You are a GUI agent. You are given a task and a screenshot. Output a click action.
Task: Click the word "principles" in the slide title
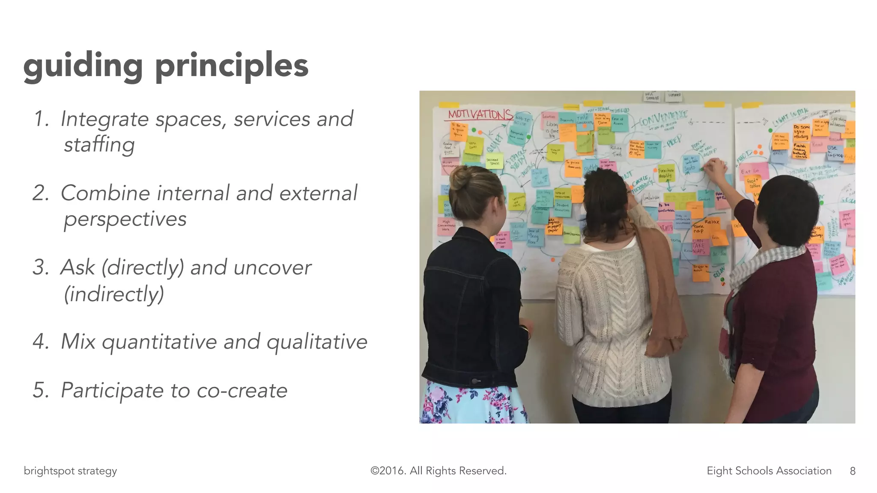(231, 67)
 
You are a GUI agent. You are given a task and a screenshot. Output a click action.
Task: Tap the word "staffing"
(99, 145)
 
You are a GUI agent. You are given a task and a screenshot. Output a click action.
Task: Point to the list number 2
(41, 193)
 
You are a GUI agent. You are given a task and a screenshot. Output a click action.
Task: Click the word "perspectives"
(125, 219)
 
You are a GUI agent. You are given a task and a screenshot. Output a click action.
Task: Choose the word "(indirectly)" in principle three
(114, 294)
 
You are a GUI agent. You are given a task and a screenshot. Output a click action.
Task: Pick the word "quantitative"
(160, 342)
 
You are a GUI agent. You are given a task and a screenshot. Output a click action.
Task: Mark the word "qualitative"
(317, 342)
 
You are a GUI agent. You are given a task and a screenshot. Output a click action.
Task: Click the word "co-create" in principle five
(242, 390)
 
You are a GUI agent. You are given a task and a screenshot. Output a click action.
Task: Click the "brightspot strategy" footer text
(70, 471)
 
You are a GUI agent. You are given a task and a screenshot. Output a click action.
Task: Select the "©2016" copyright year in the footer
(388, 471)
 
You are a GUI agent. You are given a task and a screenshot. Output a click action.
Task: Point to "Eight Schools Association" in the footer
(769, 471)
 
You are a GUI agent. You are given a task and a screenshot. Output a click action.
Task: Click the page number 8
(853, 471)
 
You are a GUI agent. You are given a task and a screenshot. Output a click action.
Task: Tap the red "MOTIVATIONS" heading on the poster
(480, 115)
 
